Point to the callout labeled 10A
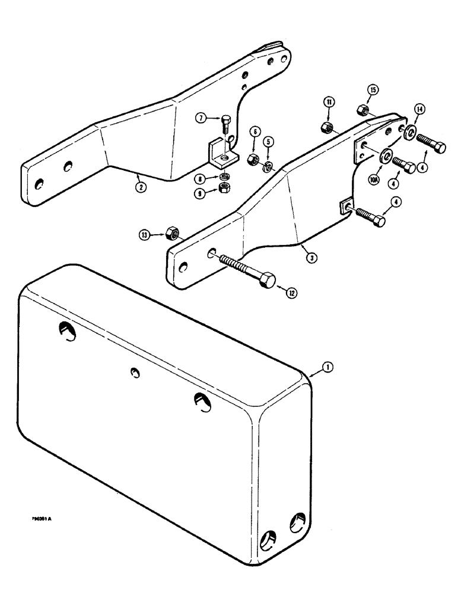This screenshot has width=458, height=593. tap(374, 176)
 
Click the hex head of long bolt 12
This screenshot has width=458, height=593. tap(269, 279)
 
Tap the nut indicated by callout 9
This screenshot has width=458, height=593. tap(225, 188)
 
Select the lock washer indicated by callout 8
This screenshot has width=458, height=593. tap(224, 177)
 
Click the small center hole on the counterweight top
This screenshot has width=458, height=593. tap(135, 372)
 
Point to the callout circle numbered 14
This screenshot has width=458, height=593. tap(419, 109)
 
